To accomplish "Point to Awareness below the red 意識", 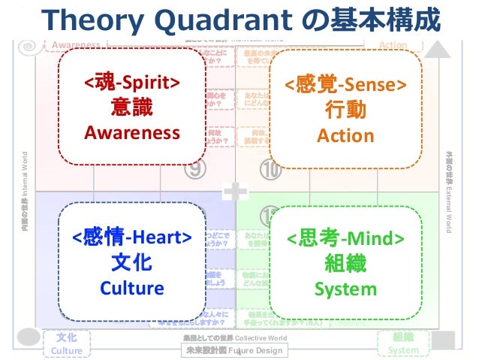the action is (x=132, y=134).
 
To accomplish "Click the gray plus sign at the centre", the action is (x=239, y=192).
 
